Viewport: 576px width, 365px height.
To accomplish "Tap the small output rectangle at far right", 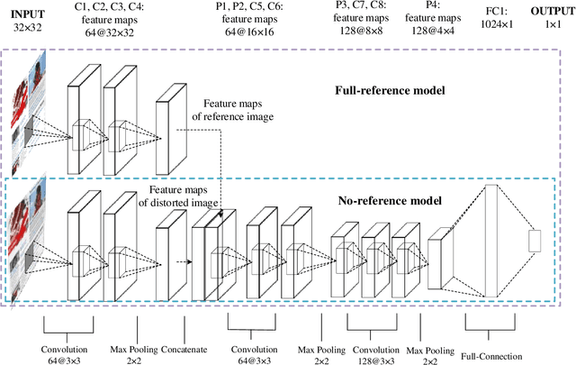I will [x=534, y=240].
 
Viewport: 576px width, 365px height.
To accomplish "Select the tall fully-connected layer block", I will [x=486, y=240].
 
